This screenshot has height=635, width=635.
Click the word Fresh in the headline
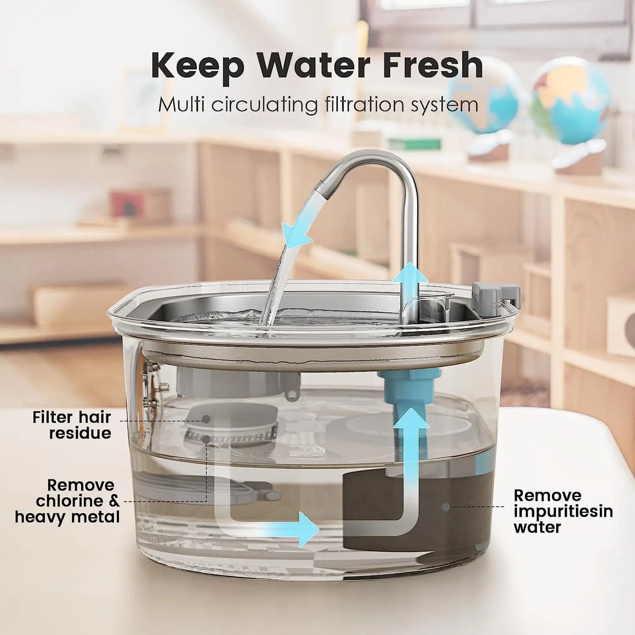[x=433, y=66]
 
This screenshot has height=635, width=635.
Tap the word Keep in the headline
[x=197, y=66]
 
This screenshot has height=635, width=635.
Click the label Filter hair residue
[x=72, y=425]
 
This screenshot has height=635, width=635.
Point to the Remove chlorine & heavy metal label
[x=67, y=501]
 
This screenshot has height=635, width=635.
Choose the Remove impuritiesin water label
[x=563, y=512]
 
